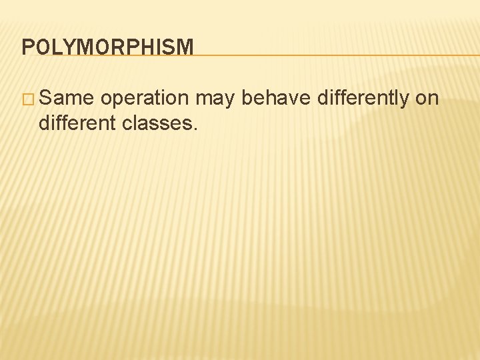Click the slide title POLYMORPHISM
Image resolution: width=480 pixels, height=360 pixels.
tap(107, 47)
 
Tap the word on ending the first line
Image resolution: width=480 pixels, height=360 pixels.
tap(427, 99)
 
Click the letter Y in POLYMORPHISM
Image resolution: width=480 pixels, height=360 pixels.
tap(65, 47)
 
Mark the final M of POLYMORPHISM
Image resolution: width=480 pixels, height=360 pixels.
tap(185, 47)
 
